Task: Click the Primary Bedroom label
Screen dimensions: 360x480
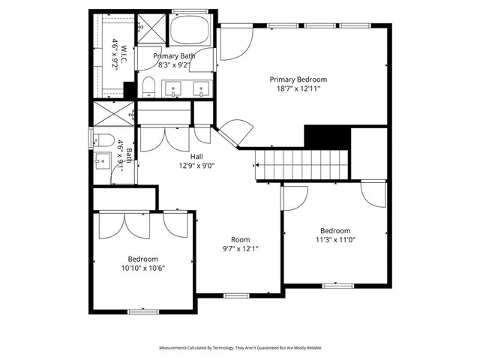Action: click(x=299, y=79)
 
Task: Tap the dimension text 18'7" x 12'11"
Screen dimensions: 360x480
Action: click(x=299, y=88)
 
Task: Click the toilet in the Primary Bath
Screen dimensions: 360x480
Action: click(x=148, y=88)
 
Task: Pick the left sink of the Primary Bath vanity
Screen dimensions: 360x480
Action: click(x=174, y=89)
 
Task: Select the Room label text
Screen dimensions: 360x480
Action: click(x=240, y=239)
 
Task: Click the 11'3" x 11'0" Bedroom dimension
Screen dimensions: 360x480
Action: click(x=335, y=240)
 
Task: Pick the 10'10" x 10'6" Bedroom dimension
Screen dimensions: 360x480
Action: click(x=142, y=268)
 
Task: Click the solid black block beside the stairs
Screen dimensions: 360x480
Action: click(x=327, y=137)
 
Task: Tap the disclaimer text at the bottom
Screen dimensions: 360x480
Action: click(x=240, y=348)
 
